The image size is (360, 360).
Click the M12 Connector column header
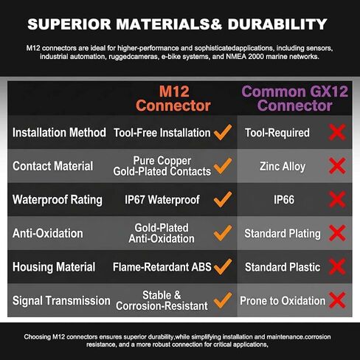click(173, 99)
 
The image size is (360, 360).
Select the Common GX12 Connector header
click(294, 99)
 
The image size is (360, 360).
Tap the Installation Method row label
click(59, 133)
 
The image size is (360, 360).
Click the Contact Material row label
click(52, 166)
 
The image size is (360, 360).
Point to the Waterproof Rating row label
click(58, 200)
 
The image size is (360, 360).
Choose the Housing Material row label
click(54, 267)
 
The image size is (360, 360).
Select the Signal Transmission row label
click(61, 300)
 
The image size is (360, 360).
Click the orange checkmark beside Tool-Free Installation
click(223, 132)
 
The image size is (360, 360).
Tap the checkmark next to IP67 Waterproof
click(223, 199)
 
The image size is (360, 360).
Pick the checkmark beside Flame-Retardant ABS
click(223, 267)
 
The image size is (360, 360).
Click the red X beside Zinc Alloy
click(337, 166)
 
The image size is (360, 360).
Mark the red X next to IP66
click(337, 199)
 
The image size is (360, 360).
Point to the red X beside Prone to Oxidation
click(337, 300)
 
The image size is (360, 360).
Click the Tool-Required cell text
click(277, 133)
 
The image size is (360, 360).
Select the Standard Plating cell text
click(283, 234)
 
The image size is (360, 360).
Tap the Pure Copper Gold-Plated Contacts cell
click(162, 166)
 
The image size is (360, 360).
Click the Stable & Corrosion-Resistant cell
click(162, 300)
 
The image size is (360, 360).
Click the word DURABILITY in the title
click(277, 24)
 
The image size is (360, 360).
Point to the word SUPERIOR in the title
click(69, 24)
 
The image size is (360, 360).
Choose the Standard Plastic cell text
click(283, 267)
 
